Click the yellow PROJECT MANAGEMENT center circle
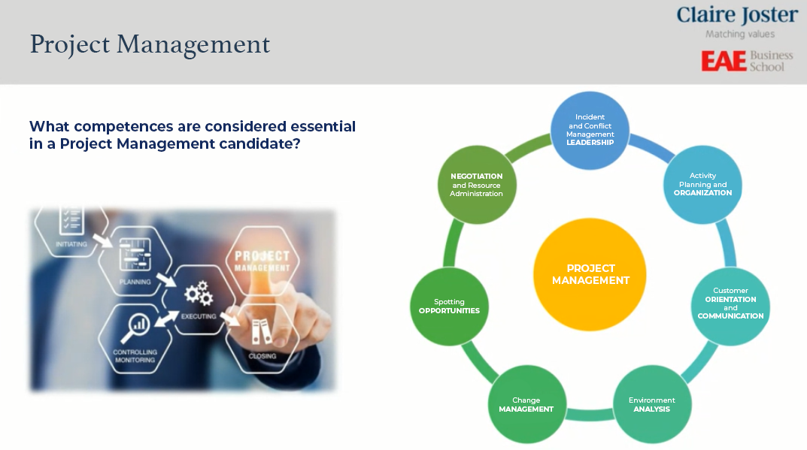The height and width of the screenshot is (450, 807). tap(590, 274)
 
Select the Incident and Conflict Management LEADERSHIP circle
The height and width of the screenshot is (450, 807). tap(590, 130)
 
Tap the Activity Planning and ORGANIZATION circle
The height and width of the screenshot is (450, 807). tap(702, 184)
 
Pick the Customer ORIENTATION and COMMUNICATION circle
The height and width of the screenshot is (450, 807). tap(730, 306)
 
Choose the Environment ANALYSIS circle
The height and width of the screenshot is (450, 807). tap(651, 404)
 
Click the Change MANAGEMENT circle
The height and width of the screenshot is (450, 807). tap(526, 404)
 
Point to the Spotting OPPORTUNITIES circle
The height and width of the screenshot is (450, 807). tap(449, 306)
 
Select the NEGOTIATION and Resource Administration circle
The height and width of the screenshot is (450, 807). tap(477, 185)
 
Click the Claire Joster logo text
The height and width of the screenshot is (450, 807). tap(737, 16)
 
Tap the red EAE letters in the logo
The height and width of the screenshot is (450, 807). tap(724, 61)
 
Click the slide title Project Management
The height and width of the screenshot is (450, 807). tap(150, 45)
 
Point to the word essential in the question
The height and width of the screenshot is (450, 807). tap(323, 126)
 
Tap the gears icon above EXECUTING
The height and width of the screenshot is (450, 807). tap(199, 293)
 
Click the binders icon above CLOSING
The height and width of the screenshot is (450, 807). tap(262, 332)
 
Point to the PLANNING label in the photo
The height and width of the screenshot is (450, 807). tap(135, 282)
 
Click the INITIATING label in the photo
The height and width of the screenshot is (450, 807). tap(71, 244)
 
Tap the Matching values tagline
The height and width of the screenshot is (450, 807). tap(739, 35)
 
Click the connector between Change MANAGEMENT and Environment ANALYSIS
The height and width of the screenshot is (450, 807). tap(590, 415)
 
